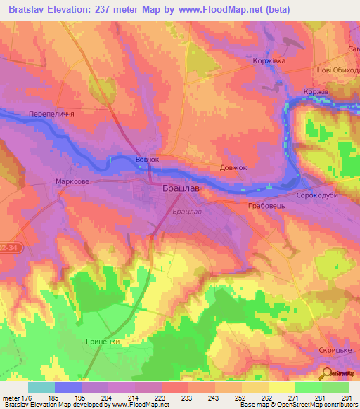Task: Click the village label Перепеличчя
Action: pos(51,113)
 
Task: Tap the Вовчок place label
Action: pos(148,160)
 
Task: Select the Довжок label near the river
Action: pos(233,168)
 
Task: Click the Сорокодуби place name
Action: pos(317,196)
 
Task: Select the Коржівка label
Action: pos(269,61)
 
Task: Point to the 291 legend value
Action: pos(346,397)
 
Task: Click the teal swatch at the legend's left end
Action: pos(41,387)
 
